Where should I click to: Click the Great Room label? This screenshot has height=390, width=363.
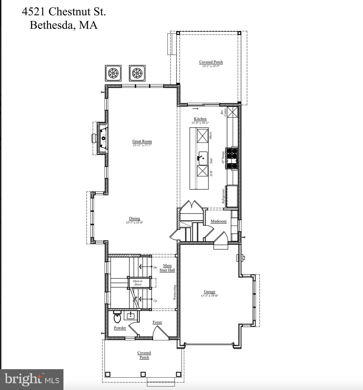pos(142,141)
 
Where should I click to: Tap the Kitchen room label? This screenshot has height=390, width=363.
pos(200,119)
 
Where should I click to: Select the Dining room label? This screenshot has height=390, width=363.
pos(134,218)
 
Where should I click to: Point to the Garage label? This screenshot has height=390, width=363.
pos(209,292)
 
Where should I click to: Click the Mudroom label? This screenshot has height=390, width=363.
pos(218,221)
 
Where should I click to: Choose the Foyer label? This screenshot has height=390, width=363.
pos(157,322)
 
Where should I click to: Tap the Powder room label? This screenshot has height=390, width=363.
pos(120,328)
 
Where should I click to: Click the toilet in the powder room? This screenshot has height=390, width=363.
pos(117,318)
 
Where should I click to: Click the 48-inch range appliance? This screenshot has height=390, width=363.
pos(232,158)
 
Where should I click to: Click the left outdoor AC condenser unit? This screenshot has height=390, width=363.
pos(113,73)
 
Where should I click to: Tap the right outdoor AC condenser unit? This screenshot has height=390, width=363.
pos(137,73)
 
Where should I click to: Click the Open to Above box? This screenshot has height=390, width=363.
pos(138,283)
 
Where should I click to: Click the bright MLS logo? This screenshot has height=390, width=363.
pos(32,379)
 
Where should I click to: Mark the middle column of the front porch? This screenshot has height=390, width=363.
pos(143,374)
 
